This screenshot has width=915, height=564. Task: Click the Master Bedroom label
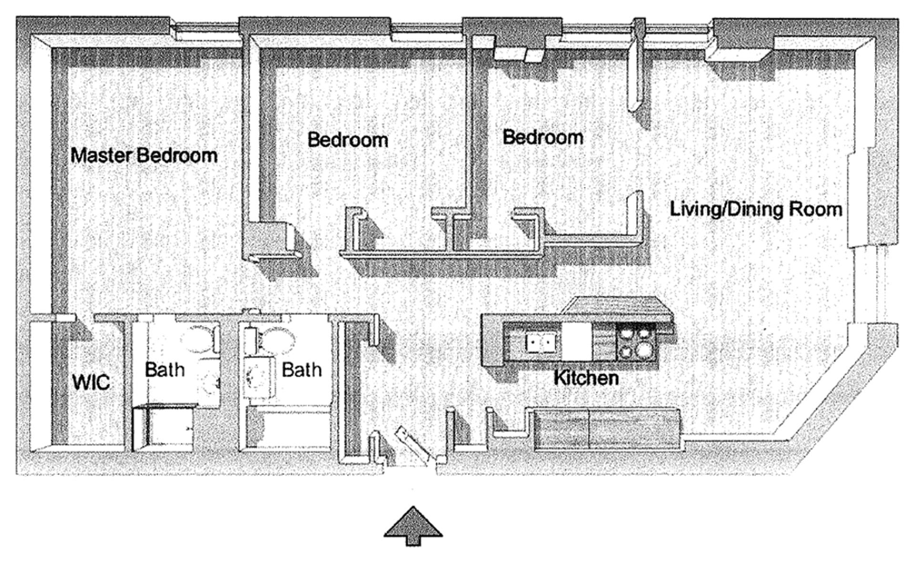click(144, 156)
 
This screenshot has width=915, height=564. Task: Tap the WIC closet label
click(91, 382)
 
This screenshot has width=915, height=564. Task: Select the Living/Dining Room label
click(756, 210)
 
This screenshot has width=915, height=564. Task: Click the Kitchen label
click(586, 378)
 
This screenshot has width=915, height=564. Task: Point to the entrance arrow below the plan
click(413, 526)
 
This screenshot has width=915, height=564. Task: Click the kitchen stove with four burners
click(637, 342)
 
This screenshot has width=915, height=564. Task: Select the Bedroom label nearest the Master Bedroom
click(348, 140)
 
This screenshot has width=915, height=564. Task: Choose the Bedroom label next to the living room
click(543, 137)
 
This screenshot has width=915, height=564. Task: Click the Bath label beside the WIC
click(164, 369)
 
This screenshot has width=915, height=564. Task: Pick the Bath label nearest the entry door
click(302, 369)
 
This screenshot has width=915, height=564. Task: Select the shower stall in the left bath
click(163, 428)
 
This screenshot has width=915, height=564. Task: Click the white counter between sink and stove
click(577, 341)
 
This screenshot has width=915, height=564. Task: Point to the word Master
click(102, 156)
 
